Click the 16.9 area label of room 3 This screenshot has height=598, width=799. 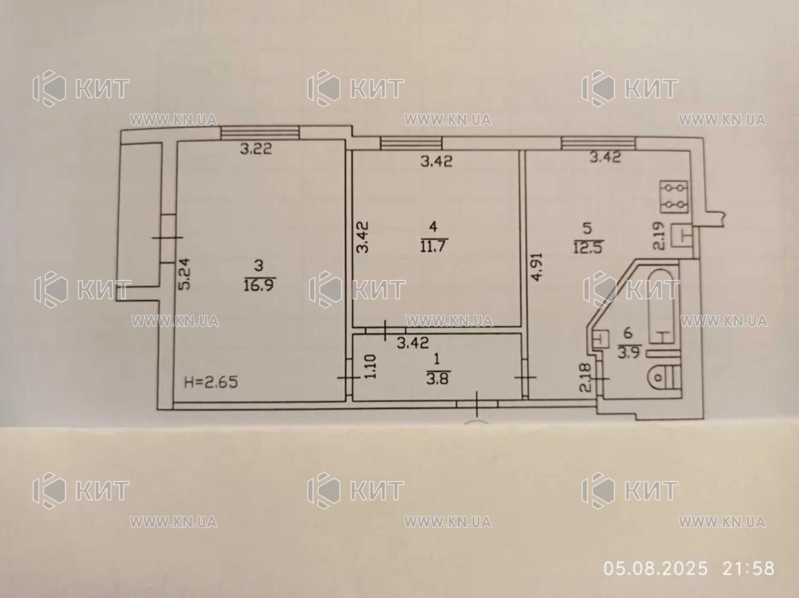258,284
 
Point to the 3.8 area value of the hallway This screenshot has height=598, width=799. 437,379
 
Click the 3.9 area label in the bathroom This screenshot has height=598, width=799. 629,353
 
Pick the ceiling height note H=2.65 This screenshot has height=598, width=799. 211,382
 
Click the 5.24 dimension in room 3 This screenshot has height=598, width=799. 184,274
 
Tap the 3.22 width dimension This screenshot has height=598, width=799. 256,149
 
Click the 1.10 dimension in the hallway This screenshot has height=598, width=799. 369,367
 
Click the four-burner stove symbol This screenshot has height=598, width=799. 674,197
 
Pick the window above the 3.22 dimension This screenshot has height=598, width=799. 260,132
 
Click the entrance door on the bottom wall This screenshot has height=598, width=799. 477,404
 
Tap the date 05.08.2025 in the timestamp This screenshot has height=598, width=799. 656,569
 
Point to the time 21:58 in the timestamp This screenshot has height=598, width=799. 748,569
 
